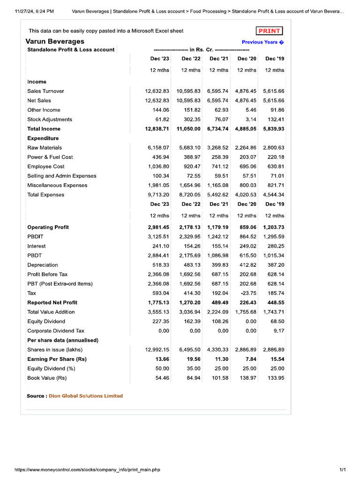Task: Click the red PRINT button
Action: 269,31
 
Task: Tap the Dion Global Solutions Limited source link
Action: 86,396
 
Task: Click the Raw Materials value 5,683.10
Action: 189,148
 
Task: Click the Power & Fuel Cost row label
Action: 50,157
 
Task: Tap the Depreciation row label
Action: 43,265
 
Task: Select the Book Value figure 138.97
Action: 247,378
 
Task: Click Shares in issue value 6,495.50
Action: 189,350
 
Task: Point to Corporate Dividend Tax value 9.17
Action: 278,330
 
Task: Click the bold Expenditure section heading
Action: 43,138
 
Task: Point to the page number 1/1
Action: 342,470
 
